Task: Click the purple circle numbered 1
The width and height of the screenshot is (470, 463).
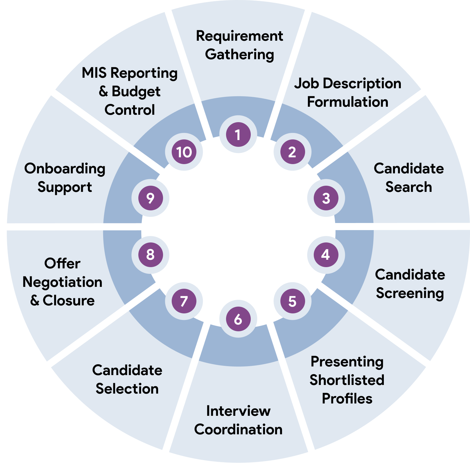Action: coord(238,134)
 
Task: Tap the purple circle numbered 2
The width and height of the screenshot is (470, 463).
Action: coord(292,152)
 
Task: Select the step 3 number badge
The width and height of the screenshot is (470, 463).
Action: coord(326,198)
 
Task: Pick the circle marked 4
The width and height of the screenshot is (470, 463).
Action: coord(326,254)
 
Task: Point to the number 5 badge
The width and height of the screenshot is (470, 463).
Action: coord(292,301)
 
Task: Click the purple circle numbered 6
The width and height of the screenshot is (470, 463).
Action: coord(238,319)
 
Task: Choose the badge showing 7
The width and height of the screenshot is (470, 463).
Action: coord(184,301)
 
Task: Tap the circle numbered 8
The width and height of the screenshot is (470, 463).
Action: coord(150,254)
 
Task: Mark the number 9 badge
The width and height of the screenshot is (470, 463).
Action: coord(150,198)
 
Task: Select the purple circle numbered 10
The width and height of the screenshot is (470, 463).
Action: coord(184,152)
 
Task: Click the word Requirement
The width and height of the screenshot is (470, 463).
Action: coord(239,36)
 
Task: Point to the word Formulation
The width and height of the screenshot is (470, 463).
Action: coord(347,102)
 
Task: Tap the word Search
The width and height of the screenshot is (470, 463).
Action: coord(409,187)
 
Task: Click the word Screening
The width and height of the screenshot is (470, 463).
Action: coord(410,293)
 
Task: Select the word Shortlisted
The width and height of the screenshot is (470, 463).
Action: coord(347,380)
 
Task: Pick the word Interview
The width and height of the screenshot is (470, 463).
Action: coord(238,411)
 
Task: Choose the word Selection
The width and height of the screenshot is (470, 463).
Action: coord(127,389)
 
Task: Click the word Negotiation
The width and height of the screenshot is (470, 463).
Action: coord(62,282)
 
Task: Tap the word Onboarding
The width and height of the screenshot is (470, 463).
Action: coord(65,169)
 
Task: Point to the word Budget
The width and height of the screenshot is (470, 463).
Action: coord(136,92)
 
